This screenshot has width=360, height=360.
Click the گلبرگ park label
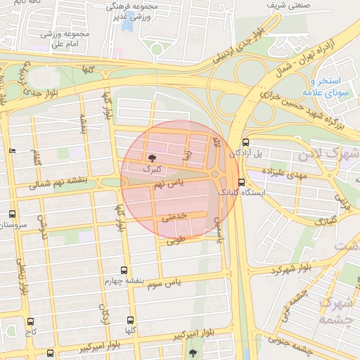click(152, 169)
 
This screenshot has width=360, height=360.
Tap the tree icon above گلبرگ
click(153, 157)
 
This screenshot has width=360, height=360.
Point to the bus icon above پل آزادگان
click(245, 142)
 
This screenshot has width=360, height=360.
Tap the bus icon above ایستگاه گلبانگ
click(242, 183)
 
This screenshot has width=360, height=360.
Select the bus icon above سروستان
click(12, 214)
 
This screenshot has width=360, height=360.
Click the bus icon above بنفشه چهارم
click(124, 270)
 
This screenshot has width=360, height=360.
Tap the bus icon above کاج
click(30, 321)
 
